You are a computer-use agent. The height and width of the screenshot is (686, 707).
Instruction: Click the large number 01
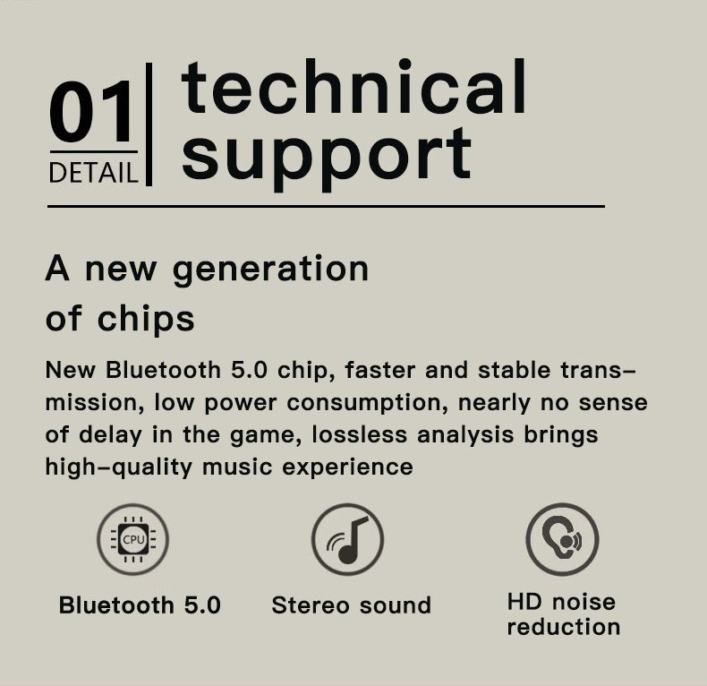point(91,111)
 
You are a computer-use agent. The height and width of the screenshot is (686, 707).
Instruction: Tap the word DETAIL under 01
point(93,173)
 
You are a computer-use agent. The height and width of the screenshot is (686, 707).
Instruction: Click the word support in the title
point(327,158)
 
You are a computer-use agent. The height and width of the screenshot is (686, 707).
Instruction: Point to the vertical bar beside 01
point(149,124)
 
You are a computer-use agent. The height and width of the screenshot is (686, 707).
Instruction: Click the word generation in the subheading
point(271,270)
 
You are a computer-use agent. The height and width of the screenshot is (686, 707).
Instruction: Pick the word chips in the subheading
point(146,318)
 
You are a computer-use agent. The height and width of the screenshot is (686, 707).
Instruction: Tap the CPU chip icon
point(133,539)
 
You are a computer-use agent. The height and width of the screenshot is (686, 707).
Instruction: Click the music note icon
point(347,539)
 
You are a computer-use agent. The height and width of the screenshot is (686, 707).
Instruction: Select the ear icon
point(562,539)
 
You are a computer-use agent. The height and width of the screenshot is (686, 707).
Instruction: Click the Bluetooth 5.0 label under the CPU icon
point(140,605)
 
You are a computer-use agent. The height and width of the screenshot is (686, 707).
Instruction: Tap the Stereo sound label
point(352,605)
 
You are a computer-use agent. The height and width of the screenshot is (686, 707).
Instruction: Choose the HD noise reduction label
point(564,614)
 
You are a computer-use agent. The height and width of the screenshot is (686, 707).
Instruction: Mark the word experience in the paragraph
point(347,467)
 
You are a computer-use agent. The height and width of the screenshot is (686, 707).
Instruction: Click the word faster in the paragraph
point(379,370)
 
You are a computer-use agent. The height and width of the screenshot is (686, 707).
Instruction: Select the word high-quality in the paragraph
point(119,467)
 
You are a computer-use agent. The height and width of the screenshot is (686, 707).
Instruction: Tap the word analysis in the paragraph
point(465,435)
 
